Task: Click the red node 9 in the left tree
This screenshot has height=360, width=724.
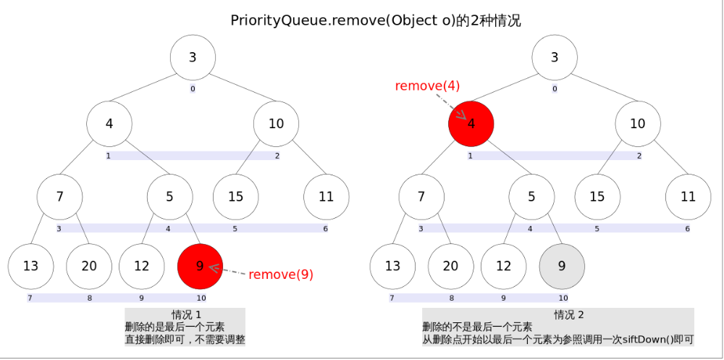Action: pyautogui.click(x=200, y=266)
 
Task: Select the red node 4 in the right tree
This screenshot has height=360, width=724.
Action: pyautogui.click(x=471, y=123)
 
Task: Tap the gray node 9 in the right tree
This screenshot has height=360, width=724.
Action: pyautogui.click(x=562, y=266)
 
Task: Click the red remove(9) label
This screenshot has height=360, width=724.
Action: pyautogui.click(x=281, y=275)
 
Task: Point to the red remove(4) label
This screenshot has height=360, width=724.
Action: pyautogui.click(x=427, y=85)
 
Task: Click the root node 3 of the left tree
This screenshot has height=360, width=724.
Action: pyautogui.click(x=193, y=57)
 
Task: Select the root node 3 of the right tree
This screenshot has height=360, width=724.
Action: pyautogui.click(x=555, y=57)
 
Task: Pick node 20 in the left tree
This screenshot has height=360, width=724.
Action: pyautogui.click(x=88, y=266)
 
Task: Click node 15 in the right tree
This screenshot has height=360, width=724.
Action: pyautogui.click(x=597, y=196)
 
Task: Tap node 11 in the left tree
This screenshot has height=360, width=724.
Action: pyautogui.click(x=326, y=196)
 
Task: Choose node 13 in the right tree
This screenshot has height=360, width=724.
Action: pyautogui.click(x=392, y=266)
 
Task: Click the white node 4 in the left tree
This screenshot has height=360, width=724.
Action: pyautogui.click(x=109, y=123)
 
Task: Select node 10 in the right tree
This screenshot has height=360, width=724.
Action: pyautogui.click(x=637, y=123)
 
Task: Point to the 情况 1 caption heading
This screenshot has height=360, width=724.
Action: pyautogui.click(x=185, y=314)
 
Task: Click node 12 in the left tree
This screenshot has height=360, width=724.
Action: pyautogui.click(x=142, y=266)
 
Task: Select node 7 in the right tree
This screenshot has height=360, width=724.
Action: pyautogui.click(x=421, y=196)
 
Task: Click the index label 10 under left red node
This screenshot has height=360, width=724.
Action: pyautogui.click(x=201, y=298)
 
